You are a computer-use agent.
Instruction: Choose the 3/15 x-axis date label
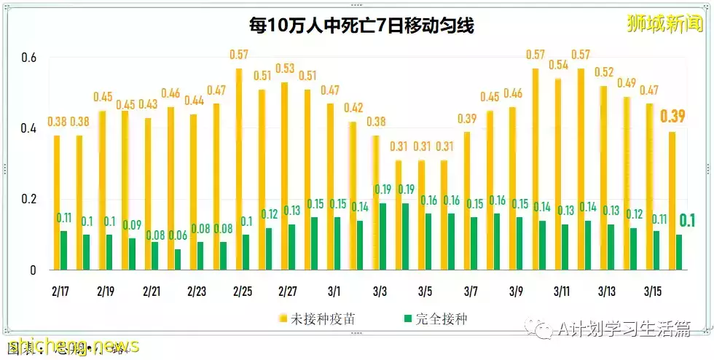pyautogui.click(x=652, y=291)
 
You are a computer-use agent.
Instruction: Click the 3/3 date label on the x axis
pyautogui.click(x=379, y=291)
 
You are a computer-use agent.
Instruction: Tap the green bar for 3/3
pyautogui.click(x=382, y=236)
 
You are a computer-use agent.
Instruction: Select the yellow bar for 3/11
pyautogui.click(x=558, y=174)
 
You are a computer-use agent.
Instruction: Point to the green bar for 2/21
pyautogui.click(x=155, y=256)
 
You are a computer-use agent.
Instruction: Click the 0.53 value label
pyautogui.click(x=285, y=69)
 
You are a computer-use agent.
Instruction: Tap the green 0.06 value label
pyautogui.click(x=178, y=235)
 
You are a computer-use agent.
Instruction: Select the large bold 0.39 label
pyautogui.click(x=672, y=117)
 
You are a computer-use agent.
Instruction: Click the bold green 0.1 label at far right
pyautogui.click(x=686, y=220)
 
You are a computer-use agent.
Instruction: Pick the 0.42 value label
pyautogui.click(x=354, y=108)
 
